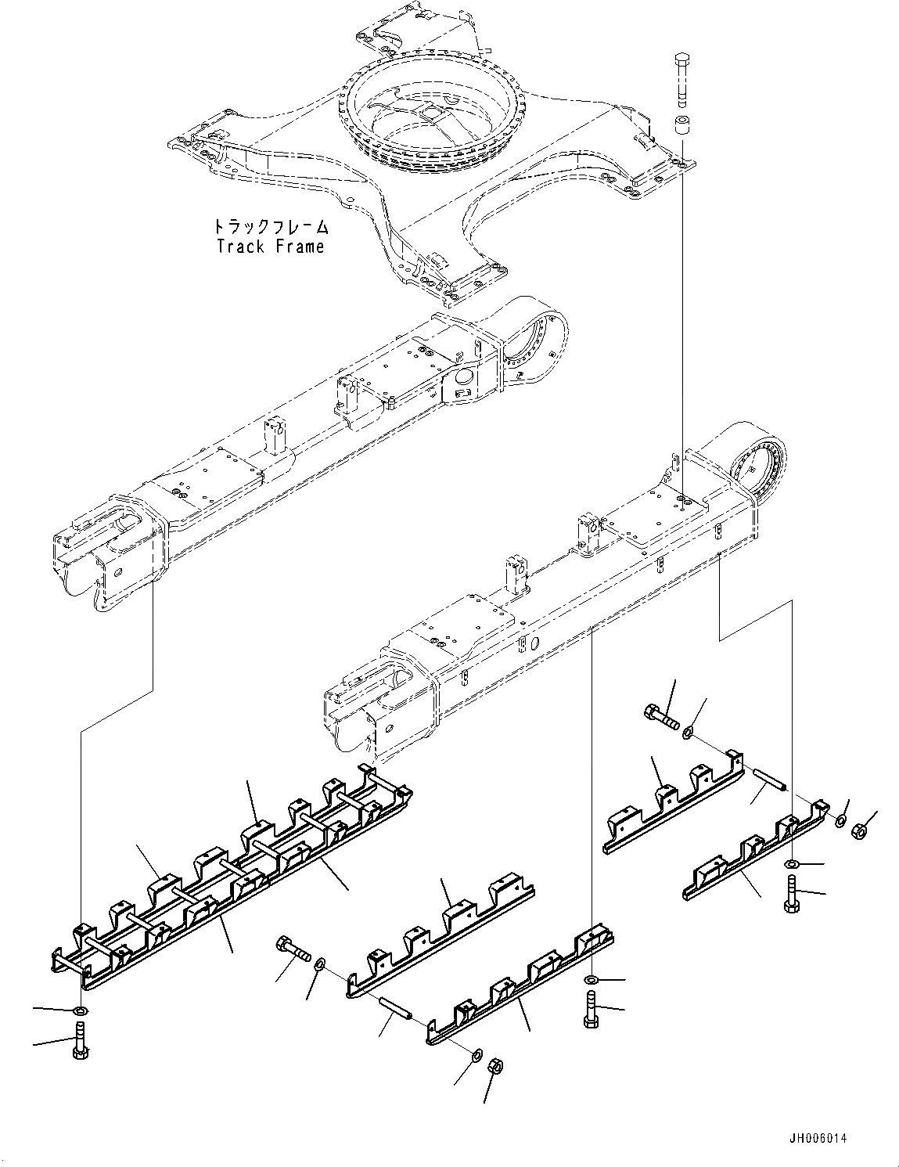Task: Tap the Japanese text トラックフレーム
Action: pos(270,228)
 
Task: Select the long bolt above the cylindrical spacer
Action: pos(681,79)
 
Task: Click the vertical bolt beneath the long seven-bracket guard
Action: pos(81,1044)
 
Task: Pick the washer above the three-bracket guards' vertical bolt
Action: pos(791,863)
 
